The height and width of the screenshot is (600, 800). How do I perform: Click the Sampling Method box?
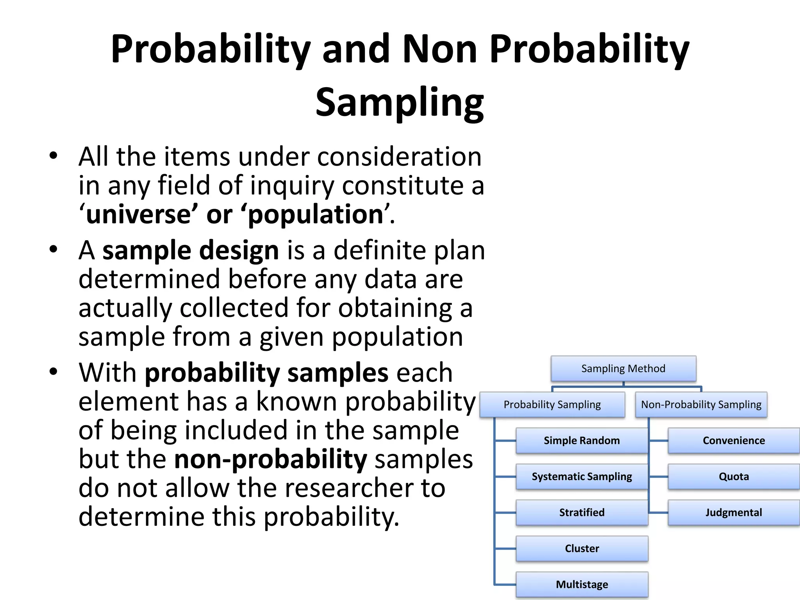coord(623,368)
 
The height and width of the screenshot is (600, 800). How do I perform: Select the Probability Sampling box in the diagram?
coord(552,405)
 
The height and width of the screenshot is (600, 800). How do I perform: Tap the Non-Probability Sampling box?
coord(701,405)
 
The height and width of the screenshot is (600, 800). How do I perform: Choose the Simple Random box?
coord(582,441)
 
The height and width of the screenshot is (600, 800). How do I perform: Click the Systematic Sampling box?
coord(582,477)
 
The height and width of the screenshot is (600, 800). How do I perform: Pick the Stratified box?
coord(582,512)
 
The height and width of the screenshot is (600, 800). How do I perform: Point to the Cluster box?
coord(582,548)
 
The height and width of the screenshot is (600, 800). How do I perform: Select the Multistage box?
coord(582,584)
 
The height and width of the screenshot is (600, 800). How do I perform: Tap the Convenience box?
coord(734,441)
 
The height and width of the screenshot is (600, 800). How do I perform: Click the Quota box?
coord(734,477)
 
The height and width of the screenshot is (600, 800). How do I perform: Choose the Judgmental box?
coord(734,512)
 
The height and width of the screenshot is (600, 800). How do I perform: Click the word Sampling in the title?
coord(400,102)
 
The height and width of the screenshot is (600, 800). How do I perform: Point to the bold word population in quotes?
coord(316,214)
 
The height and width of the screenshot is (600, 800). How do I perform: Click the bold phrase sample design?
coord(191,250)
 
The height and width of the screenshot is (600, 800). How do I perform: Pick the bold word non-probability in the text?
coord(270,459)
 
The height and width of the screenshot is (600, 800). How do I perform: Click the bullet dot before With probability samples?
coord(54,371)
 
